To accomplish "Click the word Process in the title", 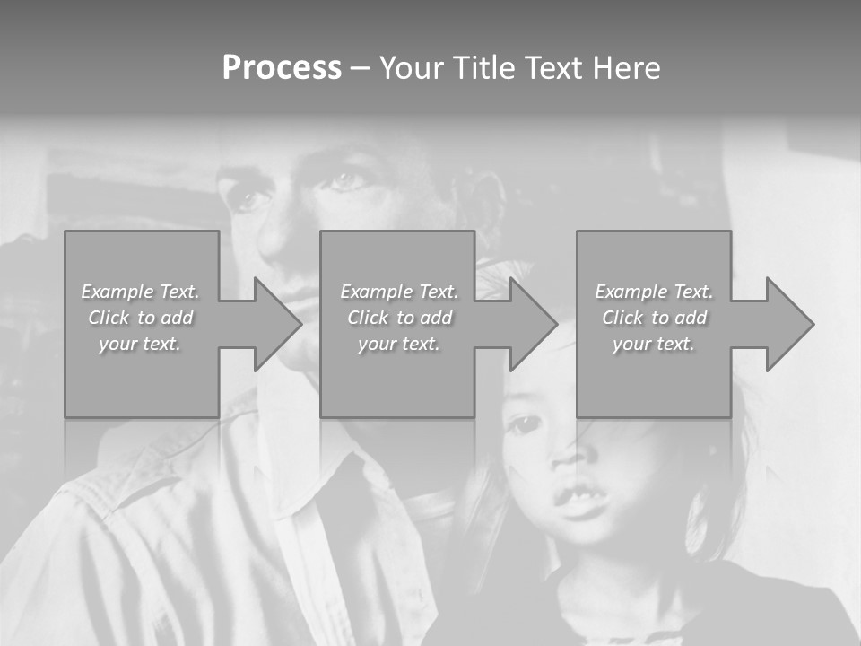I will point(282,68).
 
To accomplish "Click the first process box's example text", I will point(140,318).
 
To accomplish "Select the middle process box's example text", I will point(398,318).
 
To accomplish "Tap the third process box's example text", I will point(653,318).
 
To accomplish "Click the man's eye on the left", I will point(246,196).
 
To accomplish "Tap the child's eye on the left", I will point(523,424).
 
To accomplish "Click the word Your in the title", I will point(409,68).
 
